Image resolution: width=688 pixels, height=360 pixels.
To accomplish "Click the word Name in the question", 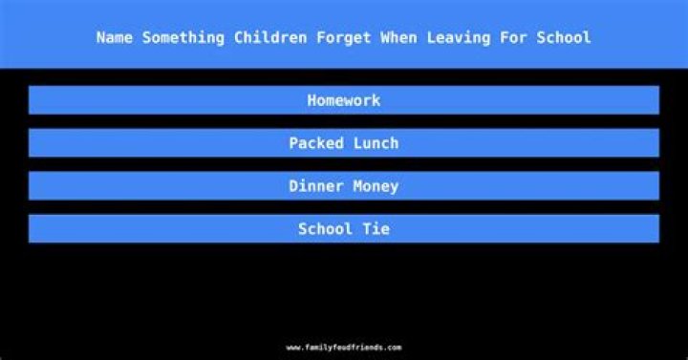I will pyautogui.click(x=115, y=38).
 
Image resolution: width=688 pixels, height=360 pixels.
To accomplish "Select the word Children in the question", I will pyautogui.click(x=269, y=38).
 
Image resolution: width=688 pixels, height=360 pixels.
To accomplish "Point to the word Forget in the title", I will pyautogui.click(x=345, y=38).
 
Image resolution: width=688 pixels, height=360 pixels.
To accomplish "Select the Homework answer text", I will pyautogui.click(x=344, y=100).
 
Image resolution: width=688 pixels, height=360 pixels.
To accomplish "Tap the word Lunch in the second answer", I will pyautogui.click(x=376, y=143).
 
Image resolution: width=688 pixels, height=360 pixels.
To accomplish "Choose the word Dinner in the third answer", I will pyautogui.click(x=316, y=186).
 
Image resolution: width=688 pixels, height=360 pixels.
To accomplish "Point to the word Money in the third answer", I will pyautogui.click(x=376, y=186).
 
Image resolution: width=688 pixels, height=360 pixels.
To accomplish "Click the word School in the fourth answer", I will pyautogui.click(x=325, y=229).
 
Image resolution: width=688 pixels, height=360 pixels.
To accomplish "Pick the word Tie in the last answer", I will pyautogui.click(x=376, y=229).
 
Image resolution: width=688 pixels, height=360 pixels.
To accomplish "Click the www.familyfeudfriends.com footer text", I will pyautogui.click(x=344, y=348).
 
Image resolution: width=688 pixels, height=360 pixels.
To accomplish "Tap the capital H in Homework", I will pyautogui.click(x=312, y=100).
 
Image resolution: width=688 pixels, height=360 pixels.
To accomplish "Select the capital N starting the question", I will pyautogui.click(x=101, y=38).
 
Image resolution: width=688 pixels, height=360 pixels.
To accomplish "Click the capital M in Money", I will pyautogui.click(x=358, y=186).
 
